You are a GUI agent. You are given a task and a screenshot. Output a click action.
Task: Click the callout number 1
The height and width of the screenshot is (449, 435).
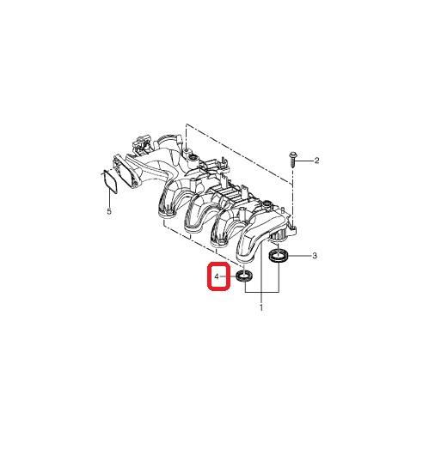(261, 307)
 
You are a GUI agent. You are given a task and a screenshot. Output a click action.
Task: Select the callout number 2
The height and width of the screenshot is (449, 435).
(316, 161)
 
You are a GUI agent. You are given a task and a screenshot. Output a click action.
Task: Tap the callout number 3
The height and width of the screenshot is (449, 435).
(315, 256)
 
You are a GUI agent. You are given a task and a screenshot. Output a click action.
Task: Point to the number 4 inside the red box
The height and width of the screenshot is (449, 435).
(217, 276)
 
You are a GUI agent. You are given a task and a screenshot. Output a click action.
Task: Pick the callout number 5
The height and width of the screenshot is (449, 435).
(109, 211)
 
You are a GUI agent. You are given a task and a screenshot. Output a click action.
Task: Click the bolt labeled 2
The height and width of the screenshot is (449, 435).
(293, 160)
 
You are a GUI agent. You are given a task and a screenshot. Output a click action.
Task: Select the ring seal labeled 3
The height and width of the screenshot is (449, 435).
(279, 255)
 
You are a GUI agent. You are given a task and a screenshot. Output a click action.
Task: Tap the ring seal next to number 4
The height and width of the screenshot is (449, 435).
(245, 276)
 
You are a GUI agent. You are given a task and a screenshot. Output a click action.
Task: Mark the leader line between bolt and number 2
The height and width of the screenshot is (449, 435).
(305, 161)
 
